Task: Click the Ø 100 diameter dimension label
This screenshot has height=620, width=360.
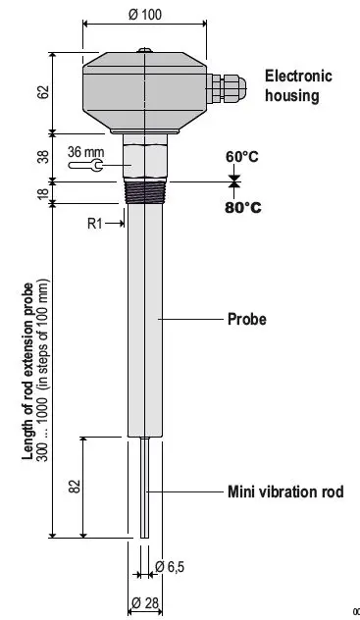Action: pos(146,16)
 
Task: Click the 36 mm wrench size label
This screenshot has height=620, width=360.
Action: pos(85,152)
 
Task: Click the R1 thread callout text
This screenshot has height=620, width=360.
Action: pos(95,224)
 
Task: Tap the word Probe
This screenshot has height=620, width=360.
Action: pos(247,319)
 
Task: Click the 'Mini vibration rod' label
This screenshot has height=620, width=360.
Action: pos(285,491)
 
